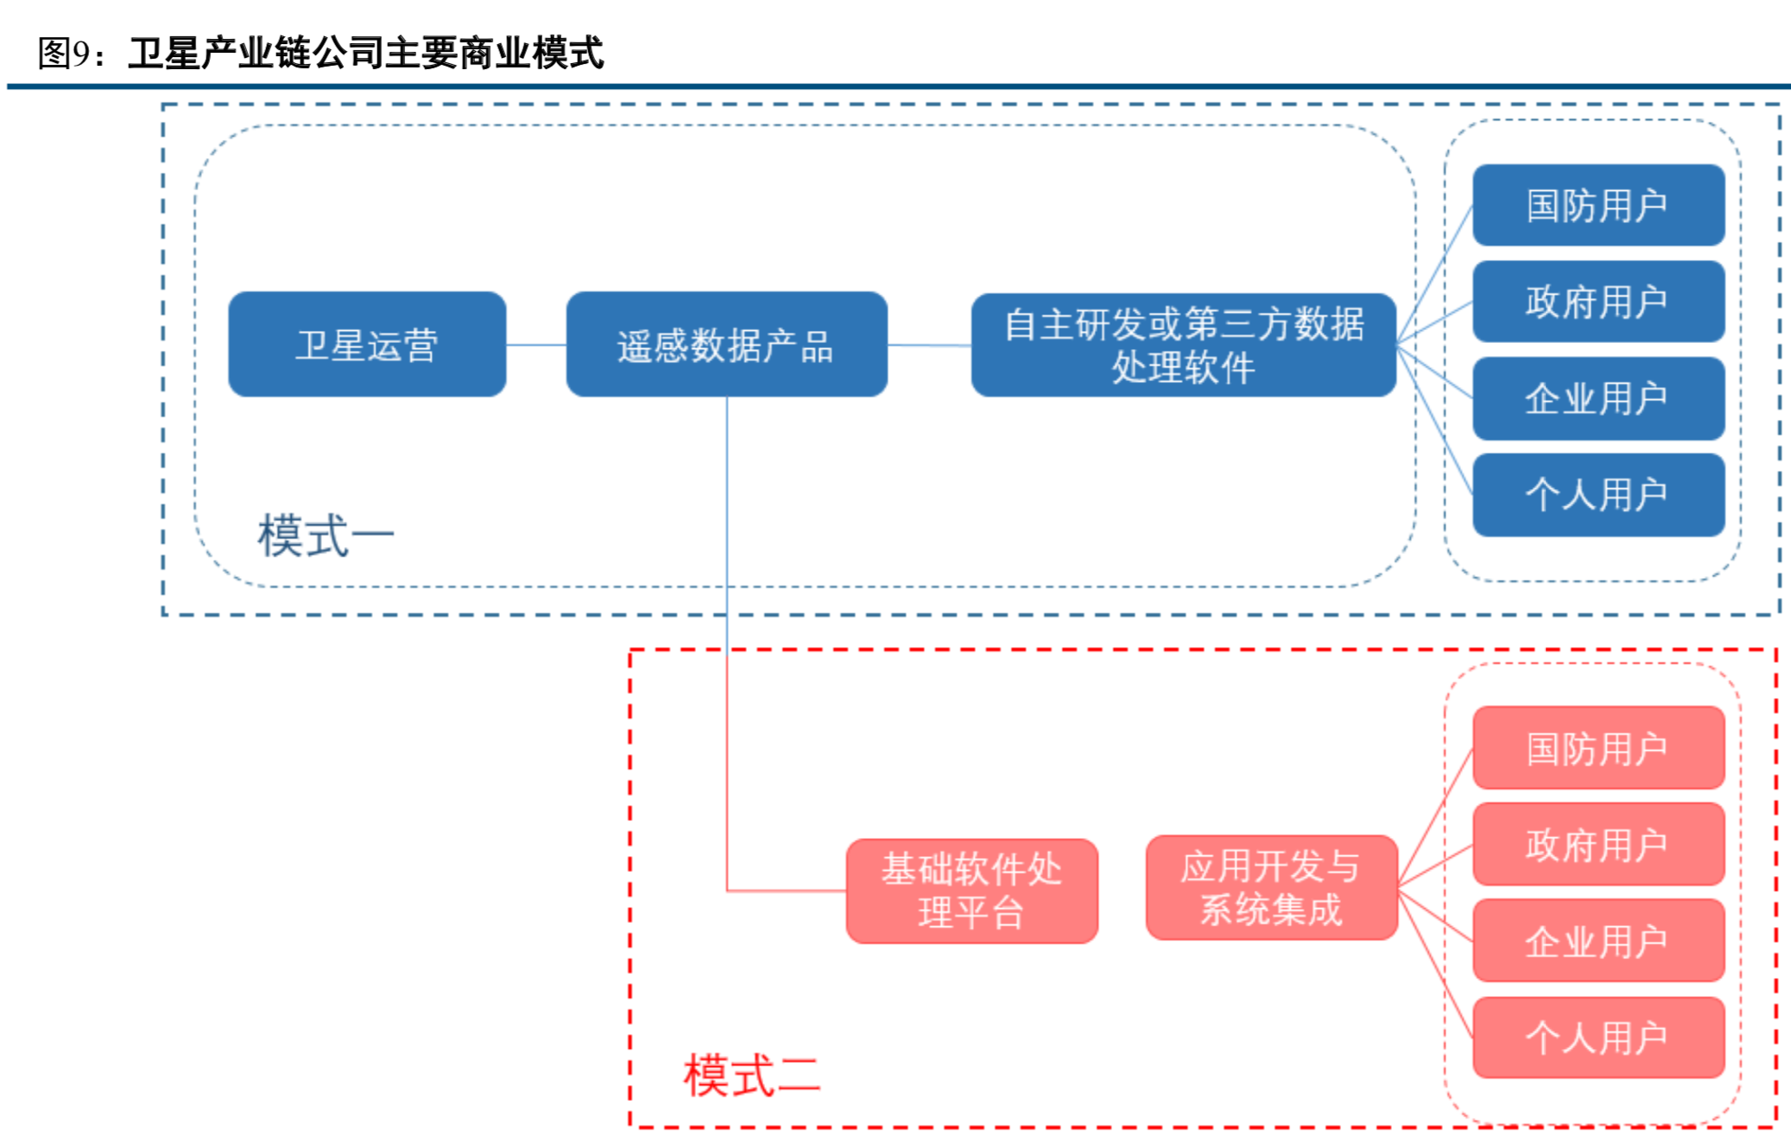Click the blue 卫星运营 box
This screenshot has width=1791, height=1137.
click(367, 345)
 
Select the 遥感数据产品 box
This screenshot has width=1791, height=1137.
click(726, 345)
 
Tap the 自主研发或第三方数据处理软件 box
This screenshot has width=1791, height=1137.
click(1183, 345)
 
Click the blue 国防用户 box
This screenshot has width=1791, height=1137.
click(1598, 206)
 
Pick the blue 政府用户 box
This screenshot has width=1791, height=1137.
click(1598, 302)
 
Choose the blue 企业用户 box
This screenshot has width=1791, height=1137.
click(1598, 398)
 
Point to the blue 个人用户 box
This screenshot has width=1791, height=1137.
click(1598, 494)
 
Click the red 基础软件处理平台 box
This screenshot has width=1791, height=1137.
click(971, 891)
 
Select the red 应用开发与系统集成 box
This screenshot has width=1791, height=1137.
click(1271, 887)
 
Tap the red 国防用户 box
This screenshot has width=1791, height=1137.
click(1598, 748)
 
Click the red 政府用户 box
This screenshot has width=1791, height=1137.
click(1598, 844)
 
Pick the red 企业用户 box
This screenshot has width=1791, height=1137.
click(1598, 941)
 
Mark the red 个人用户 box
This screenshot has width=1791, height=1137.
click(1598, 1038)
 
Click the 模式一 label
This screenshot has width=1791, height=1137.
click(326, 536)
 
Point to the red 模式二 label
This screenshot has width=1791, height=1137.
click(751, 1076)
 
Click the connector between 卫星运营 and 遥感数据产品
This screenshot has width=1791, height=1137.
click(535, 345)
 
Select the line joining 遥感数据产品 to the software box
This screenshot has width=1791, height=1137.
click(929, 346)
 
